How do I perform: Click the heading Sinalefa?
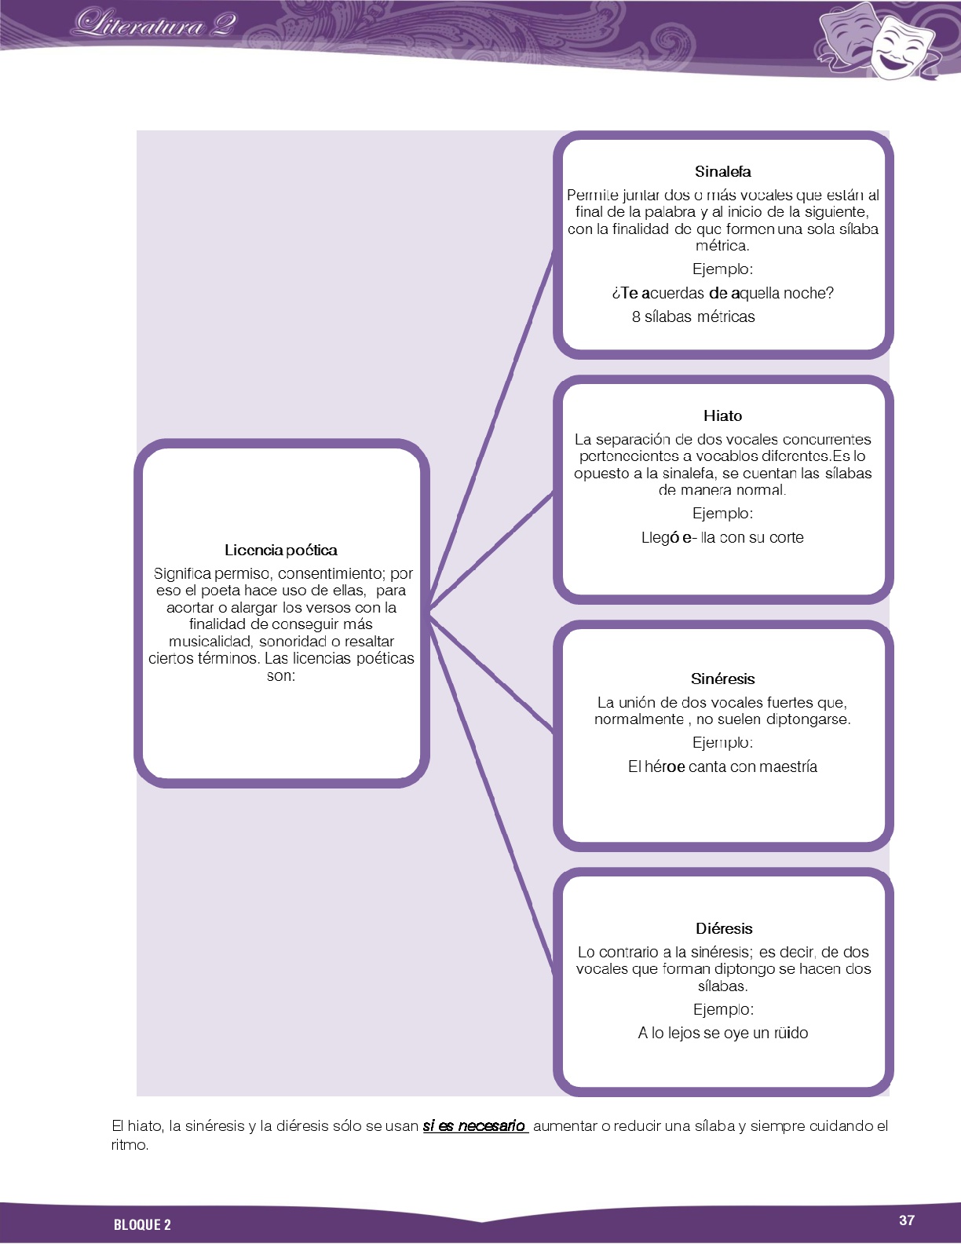722,171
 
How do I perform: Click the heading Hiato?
722,415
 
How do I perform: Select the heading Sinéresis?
722,679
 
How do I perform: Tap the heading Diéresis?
723,928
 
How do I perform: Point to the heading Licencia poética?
280,550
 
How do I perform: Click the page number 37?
907,1220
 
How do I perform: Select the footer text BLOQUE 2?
142,1224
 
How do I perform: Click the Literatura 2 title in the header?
154,24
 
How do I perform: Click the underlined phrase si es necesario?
474,1125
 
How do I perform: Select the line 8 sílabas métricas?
693,316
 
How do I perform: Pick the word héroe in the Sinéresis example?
664,767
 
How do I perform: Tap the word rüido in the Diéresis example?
791,1033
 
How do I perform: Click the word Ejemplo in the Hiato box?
722,514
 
